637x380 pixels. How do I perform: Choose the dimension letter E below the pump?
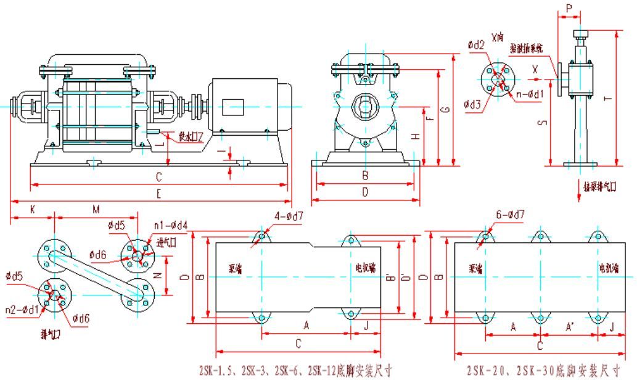158,194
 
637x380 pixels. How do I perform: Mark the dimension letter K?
31,210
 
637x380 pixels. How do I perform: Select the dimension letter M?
96,210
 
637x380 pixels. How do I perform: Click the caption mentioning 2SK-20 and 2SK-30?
543,371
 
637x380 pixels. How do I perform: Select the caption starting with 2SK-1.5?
295,371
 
